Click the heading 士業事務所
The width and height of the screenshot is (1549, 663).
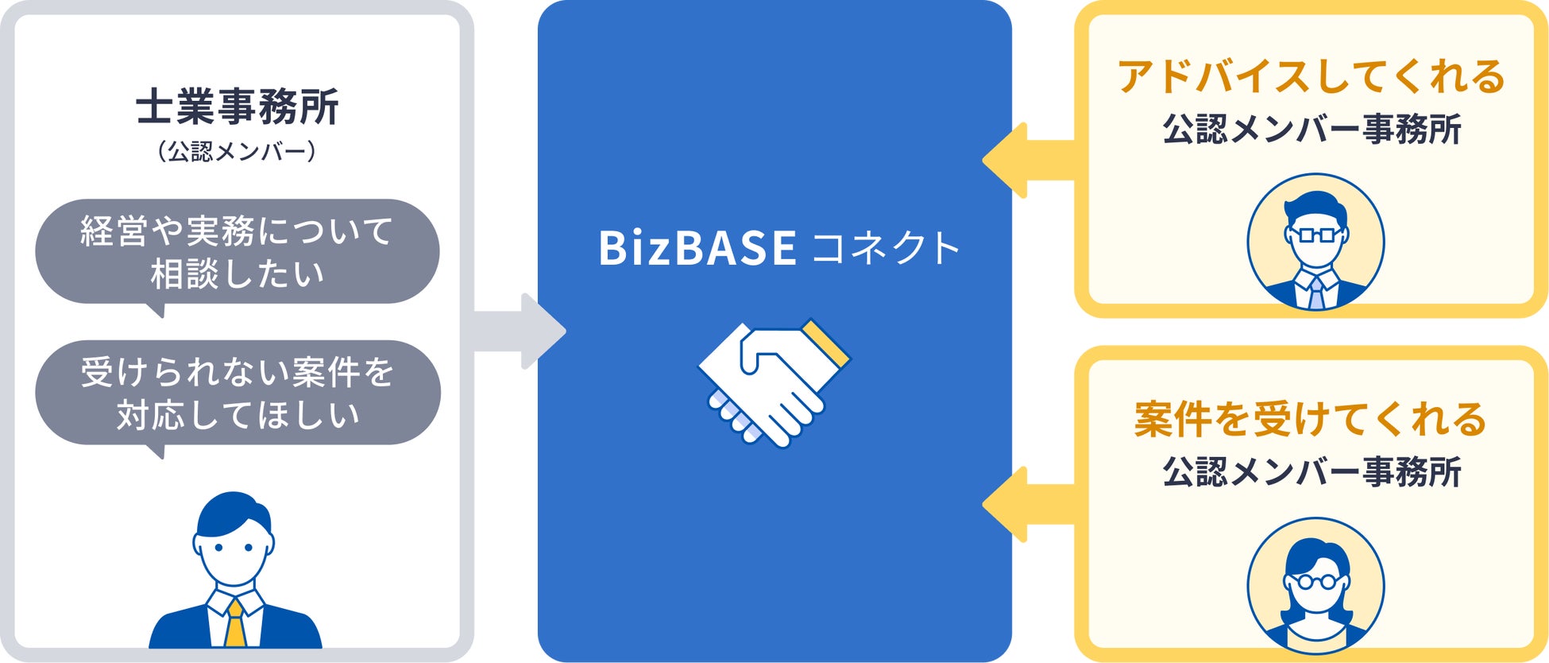[x=237, y=107]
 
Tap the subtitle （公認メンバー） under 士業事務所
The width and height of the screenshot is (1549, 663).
[x=237, y=151]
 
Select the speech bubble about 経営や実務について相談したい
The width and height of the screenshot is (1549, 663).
[x=237, y=252]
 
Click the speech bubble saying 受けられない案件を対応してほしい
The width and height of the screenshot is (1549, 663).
[x=237, y=393]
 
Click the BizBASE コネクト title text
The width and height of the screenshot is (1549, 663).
[x=778, y=247]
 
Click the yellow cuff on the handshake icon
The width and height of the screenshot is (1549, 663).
[x=826, y=343]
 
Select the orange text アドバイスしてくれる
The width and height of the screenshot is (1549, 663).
[x=1311, y=77]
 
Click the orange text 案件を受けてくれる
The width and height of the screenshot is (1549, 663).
[x=1311, y=420]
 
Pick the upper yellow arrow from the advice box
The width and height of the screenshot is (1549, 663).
[x=1028, y=161]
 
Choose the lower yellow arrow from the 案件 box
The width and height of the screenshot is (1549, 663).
[x=1028, y=505]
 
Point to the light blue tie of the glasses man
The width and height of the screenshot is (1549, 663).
[x=1315, y=292]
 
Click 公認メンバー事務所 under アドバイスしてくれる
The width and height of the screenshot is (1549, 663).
[x=1311, y=129]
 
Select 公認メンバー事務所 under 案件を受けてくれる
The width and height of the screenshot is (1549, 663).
[x=1311, y=471]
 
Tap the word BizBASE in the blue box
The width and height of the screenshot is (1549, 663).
[x=697, y=247]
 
